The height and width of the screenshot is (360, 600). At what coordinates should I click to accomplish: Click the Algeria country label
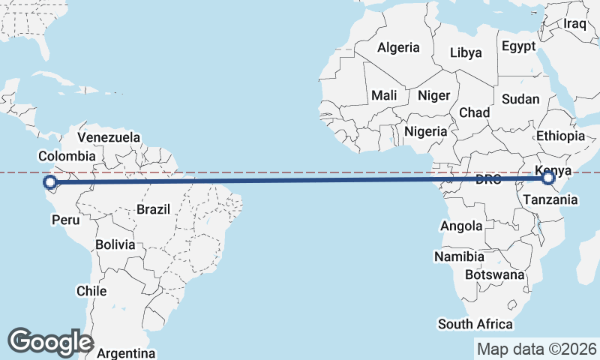(x=398, y=47)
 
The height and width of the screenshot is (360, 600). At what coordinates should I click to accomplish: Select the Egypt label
(x=519, y=46)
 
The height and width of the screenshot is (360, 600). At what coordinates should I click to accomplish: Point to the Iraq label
(x=574, y=23)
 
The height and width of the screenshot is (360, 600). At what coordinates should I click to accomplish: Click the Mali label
(x=384, y=95)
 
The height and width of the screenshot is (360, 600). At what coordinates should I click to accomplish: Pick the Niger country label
(x=433, y=95)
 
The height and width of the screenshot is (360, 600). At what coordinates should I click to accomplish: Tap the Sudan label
(x=520, y=99)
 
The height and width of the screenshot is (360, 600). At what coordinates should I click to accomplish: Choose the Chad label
(x=474, y=112)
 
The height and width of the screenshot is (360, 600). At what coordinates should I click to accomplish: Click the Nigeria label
(x=425, y=131)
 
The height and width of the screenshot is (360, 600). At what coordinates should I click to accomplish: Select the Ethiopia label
(x=560, y=136)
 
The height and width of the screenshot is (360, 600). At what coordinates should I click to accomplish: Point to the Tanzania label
(x=550, y=199)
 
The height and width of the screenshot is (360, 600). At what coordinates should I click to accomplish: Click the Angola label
(x=461, y=226)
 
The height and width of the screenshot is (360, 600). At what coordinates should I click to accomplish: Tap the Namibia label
(x=459, y=256)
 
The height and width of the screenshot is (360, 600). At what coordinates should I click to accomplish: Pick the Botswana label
(x=494, y=274)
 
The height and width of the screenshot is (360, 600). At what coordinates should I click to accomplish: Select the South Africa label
(x=475, y=324)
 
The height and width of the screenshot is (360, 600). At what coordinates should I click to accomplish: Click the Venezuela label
(x=109, y=137)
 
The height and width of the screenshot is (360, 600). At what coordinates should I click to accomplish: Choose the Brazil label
(x=154, y=209)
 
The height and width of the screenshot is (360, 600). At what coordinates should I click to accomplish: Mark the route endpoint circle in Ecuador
(x=49, y=182)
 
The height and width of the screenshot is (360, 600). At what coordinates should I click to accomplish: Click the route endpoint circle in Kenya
(x=548, y=178)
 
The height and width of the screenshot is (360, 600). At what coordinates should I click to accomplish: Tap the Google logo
(x=50, y=342)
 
